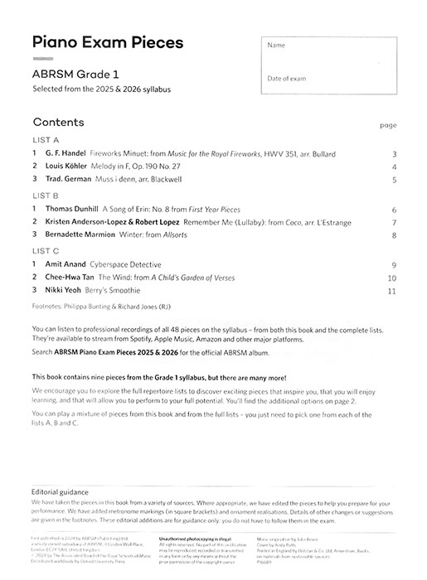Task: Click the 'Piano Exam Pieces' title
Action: (107, 43)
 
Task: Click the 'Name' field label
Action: (276, 46)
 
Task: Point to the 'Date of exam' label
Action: (286, 78)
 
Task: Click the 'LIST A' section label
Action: (44, 140)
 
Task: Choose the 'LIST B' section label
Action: (44, 196)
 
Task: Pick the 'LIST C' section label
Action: (44, 250)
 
